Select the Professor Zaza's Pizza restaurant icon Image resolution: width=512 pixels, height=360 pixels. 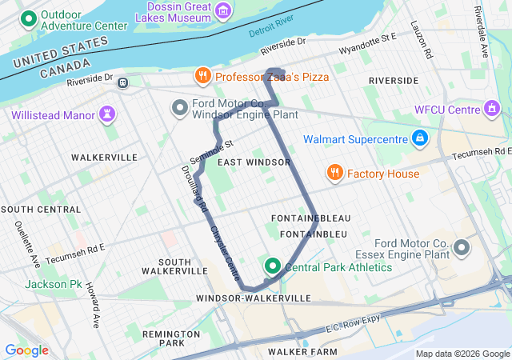click(x=202, y=77)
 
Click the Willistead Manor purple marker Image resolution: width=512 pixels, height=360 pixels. click(x=106, y=114)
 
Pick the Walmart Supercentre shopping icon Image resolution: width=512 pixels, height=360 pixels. click(x=418, y=139)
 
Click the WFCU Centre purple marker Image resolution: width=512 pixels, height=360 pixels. click(x=492, y=108)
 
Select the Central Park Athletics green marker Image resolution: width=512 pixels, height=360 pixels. click(x=273, y=266)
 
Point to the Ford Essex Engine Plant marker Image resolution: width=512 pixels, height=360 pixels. click(x=462, y=249)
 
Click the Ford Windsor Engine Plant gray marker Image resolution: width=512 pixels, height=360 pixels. click(x=179, y=107)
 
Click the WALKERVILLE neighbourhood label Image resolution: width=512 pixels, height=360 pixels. click(x=104, y=158)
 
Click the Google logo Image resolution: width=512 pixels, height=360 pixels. click(x=26, y=350)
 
